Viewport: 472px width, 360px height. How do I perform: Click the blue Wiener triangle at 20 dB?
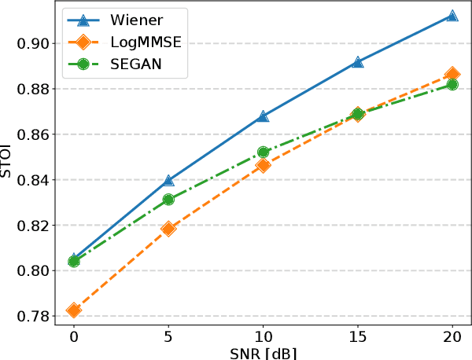click(452, 16)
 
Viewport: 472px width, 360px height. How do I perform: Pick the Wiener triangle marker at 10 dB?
click(263, 116)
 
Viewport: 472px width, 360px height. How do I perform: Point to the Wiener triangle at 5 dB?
click(168, 181)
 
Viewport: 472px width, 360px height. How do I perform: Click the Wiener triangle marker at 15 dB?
click(358, 61)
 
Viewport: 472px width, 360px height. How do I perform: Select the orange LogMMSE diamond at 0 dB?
click(74, 310)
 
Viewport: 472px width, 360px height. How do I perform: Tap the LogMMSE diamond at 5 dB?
click(168, 229)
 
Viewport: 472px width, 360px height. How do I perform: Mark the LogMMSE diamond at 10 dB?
click(263, 165)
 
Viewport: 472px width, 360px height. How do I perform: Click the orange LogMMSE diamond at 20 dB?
click(452, 74)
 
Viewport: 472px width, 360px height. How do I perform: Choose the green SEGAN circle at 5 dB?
click(168, 200)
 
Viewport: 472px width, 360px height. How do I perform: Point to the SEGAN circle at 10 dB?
click(263, 152)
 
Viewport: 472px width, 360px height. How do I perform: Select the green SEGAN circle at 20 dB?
click(452, 84)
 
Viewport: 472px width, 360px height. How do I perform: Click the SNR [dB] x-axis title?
click(263, 353)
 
